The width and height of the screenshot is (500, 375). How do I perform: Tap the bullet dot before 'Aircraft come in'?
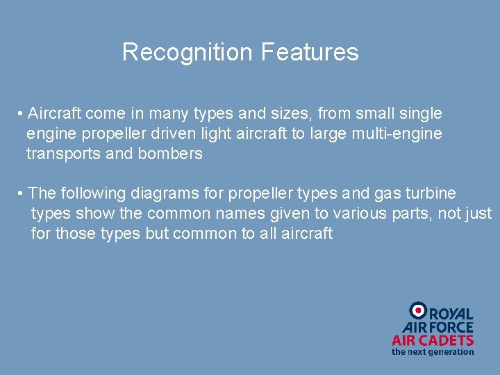22,114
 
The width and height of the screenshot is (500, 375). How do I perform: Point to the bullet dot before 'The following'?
22,194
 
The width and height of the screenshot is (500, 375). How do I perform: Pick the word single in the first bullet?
421,113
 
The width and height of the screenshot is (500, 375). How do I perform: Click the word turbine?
431,193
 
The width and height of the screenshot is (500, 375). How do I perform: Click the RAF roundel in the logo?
417,310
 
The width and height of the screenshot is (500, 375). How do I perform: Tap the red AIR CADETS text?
433,340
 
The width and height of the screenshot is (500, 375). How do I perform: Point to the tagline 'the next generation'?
433,352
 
